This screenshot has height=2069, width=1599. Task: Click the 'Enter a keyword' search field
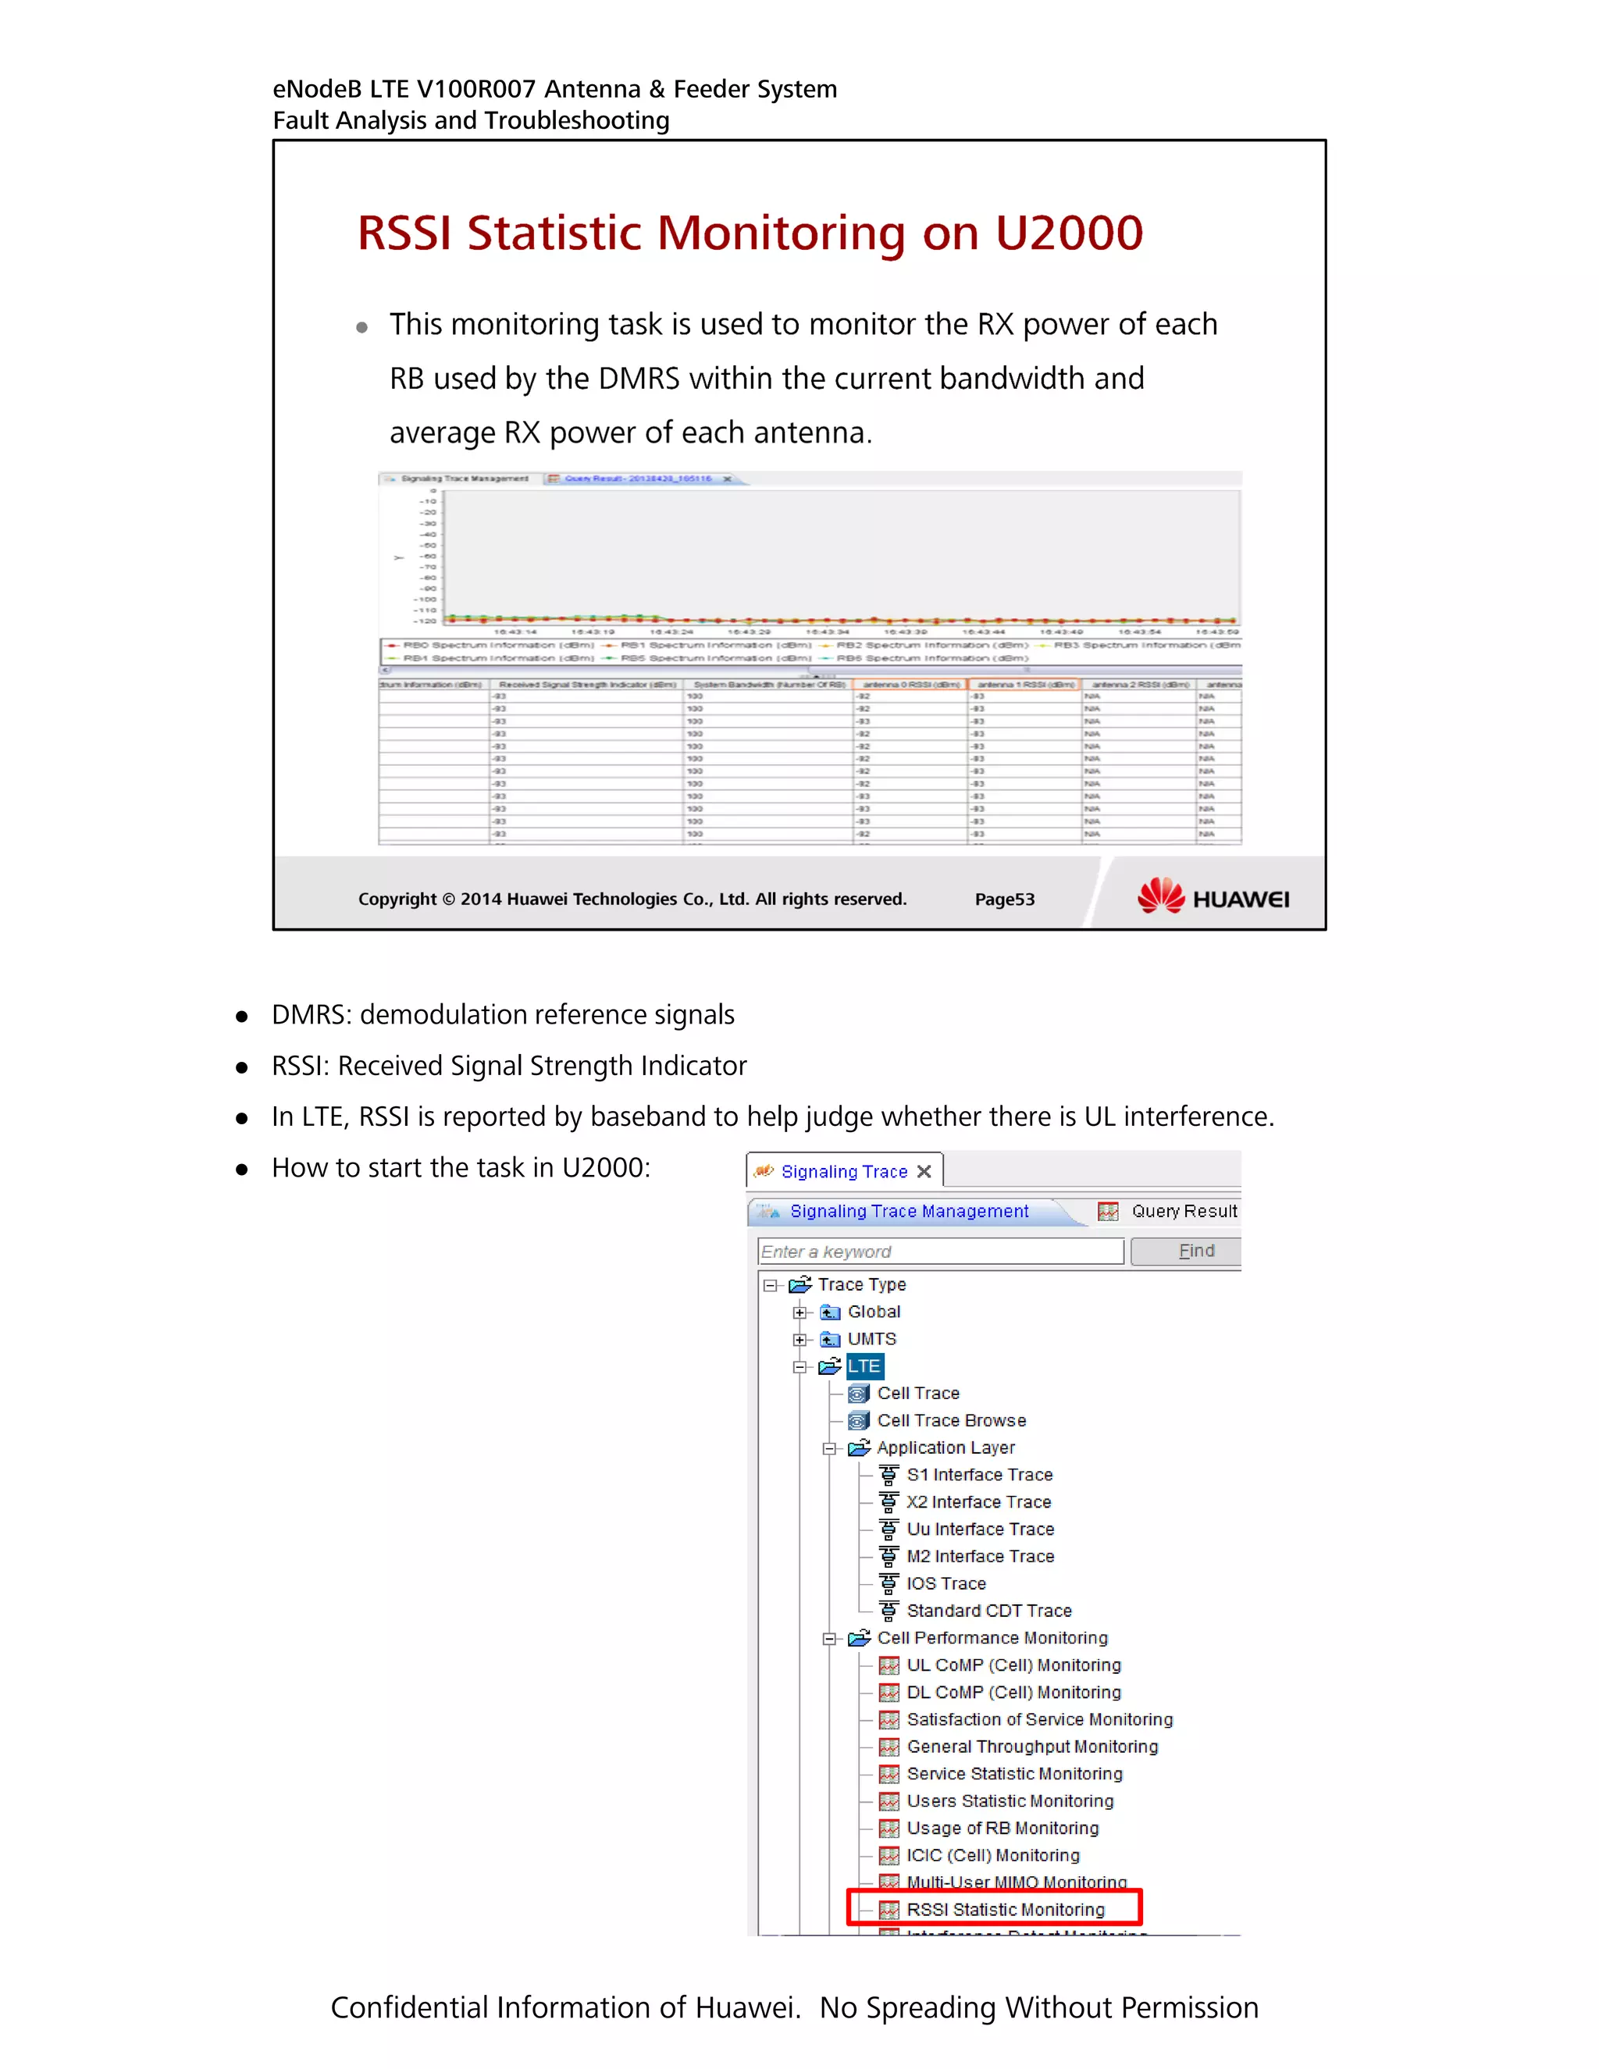[x=940, y=1252]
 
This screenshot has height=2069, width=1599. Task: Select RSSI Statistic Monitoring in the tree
[x=1004, y=1909]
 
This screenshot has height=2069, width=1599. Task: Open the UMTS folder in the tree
[x=871, y=1338]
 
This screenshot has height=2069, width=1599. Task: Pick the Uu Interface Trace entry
[x=980, y=1529]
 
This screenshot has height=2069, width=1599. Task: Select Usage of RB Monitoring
[x=1002, y=1828]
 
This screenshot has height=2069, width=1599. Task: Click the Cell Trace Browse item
[x=951, y=1420]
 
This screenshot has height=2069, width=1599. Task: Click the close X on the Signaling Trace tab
[x=924, y=1172]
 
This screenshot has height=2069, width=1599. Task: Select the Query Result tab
[x=1183, y=1211]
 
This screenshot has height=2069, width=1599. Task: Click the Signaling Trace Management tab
[x=909, y=1211]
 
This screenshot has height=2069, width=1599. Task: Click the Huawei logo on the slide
[x=1213, y=896]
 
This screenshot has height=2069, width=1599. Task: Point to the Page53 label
[x=1004, y=899]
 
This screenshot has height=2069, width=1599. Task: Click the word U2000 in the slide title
[x=1069, y=233]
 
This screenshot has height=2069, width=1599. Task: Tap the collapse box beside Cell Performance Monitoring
[x=829, y=1639]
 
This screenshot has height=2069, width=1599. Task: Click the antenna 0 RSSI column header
[x=910, y=684]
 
